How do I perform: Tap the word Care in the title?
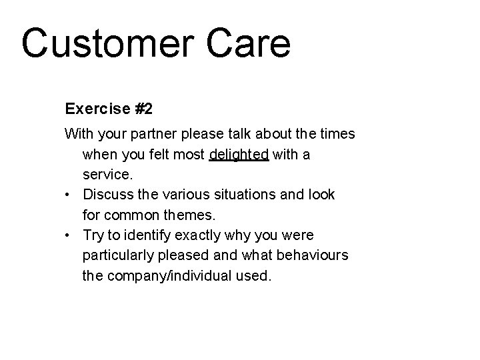pyautogui.click(x=253, y=43)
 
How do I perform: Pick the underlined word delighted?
pyautogui.click(x=239, y=155)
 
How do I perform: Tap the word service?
pyautogui.click(x=107, y=175)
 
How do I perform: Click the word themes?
pyautogui.click(x=193, y=215)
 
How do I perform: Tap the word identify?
pyautogui.click(x=146, y=235)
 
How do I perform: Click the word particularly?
pyautogui.click(x=117, y=255)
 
